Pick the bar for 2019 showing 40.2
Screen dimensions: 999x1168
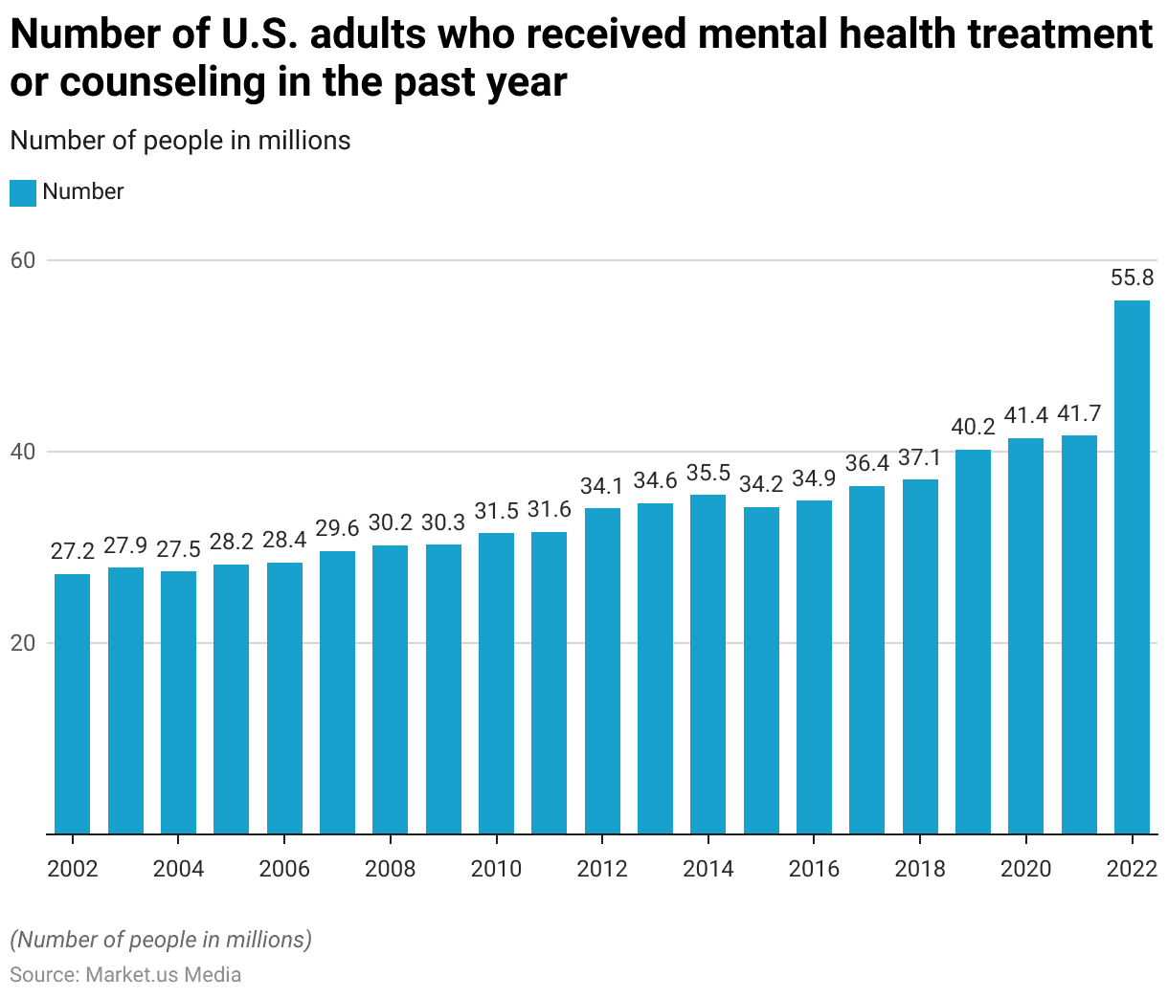[x=973, y=641]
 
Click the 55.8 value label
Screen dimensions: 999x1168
[x=1132, y=278]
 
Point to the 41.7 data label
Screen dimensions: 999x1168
[x=1079, y=414]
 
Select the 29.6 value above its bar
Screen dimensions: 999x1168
[x=337, y=529]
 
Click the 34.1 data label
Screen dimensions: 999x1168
[x=602, y=486]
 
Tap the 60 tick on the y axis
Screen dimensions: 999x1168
[x=22, y=260]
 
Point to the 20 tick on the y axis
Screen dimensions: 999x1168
[x=22, y=643]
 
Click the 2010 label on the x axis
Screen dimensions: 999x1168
[x=496, y=869]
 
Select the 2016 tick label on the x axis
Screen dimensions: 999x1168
[x=814, y=869]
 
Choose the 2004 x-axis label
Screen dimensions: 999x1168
[x=179, y=869]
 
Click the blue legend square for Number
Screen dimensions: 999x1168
[x=23, y=192]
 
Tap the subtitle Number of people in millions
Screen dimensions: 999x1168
[x=180, y=141]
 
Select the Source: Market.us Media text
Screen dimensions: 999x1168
[x=125, y=975]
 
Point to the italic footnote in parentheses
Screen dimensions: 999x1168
[x=161, y=940]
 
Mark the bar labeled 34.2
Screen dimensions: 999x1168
[x=761, y=670]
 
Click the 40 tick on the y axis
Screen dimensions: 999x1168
[x=22, y=452]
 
